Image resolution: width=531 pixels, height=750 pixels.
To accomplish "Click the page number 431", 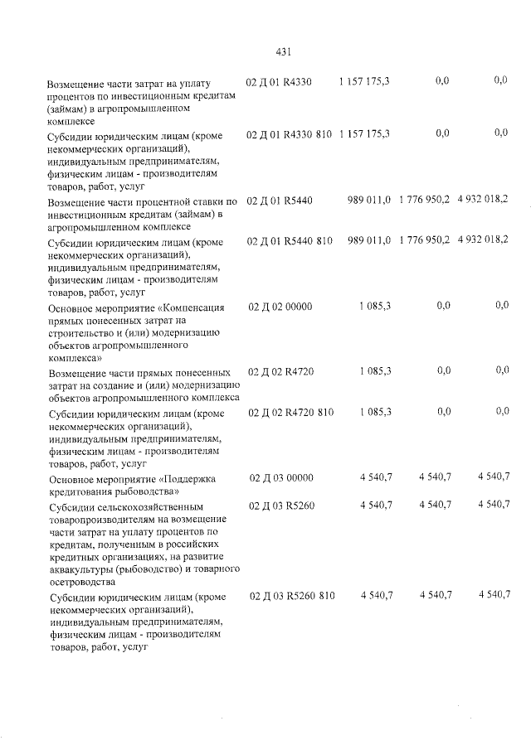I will coord(282,52).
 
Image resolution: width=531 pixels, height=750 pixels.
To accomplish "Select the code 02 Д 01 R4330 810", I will coord(290,133).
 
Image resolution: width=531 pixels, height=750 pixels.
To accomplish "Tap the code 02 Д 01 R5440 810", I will coord(290,240).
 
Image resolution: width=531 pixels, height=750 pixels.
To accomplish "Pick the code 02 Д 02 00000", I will coord(280,306).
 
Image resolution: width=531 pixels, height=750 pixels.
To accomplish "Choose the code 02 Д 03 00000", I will coord(281,477).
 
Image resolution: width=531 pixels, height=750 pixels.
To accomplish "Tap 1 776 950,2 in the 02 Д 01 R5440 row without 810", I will coord(424,201).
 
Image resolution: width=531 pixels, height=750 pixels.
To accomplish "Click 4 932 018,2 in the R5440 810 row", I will coord(483,240).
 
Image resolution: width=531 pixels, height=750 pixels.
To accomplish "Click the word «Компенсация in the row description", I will coord(190,307).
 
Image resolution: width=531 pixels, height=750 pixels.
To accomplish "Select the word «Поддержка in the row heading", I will coord(191,478).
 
